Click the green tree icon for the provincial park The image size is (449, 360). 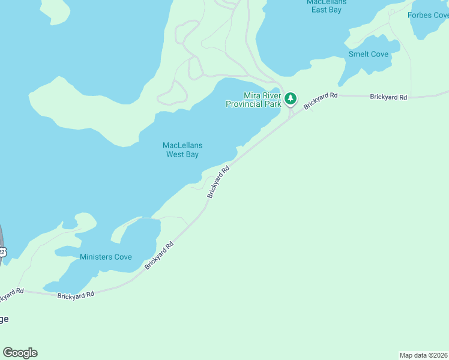291,98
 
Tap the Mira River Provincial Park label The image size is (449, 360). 253,100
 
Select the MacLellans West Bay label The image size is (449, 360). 182,149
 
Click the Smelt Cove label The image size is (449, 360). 369,54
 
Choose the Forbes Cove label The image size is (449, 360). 428,15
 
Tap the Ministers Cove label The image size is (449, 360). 106,257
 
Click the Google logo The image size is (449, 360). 20,353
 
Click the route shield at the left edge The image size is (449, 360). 2,252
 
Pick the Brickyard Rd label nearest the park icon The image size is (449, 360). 321,100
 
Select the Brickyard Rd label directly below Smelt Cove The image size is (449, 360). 388,97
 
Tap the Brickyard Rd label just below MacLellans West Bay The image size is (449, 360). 218,182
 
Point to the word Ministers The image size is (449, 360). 96,257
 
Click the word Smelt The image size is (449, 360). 359,54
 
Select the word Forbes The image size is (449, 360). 420,15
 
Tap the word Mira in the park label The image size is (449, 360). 252,95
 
